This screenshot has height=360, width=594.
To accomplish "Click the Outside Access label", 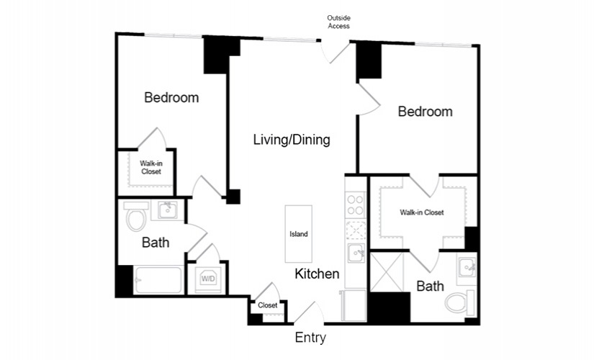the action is (x=338, y=22).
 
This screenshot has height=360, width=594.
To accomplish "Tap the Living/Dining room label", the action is (x=292, y=140).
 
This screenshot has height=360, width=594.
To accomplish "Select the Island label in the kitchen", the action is (x=299, y=234).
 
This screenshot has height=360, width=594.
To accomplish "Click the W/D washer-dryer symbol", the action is (x=208, y=279).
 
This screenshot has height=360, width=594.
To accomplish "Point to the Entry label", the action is (x=310, y=337).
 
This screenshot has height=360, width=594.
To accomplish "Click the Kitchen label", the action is (x=317, y=274).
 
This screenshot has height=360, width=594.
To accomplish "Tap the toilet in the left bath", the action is (x=136, y=217).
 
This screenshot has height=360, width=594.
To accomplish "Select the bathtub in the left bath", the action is (x=158, y=280).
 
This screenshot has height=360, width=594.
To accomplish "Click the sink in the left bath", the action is (x=168, y=210).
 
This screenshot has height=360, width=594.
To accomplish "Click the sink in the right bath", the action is (x=467, y=268).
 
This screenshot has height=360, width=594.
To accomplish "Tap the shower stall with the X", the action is (x=387, y=272).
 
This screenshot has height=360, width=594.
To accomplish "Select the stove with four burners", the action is (x=356, y=205).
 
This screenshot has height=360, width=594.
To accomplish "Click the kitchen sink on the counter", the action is (x=356, y=253).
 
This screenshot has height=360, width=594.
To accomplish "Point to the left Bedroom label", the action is (x=171, y=98).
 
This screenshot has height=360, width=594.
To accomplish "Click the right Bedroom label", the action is (x=425, y=112).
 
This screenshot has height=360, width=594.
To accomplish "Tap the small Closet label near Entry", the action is (x=267, y=305).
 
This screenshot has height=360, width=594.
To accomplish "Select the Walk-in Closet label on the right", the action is (x=422, y=212).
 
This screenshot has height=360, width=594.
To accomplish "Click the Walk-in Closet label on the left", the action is (x=151, y=168).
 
